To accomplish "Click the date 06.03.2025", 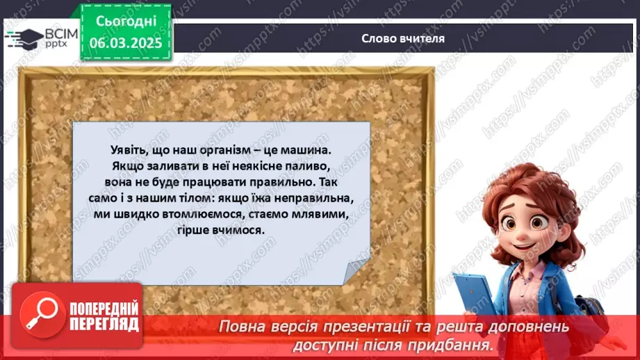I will [x=126, y=42].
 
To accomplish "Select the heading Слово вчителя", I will [x=403, y=38].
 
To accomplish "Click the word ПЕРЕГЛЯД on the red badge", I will [x=105, y=325].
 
